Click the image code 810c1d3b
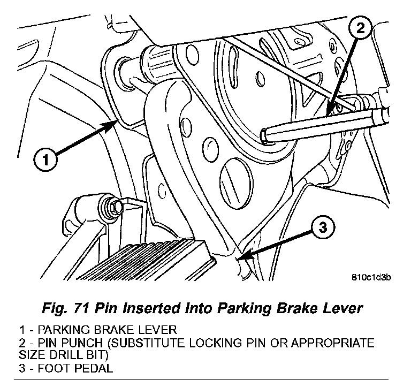(x=371, y=277)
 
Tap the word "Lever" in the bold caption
(x=341, y=308)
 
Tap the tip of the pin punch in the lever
(x=266, y=136)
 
